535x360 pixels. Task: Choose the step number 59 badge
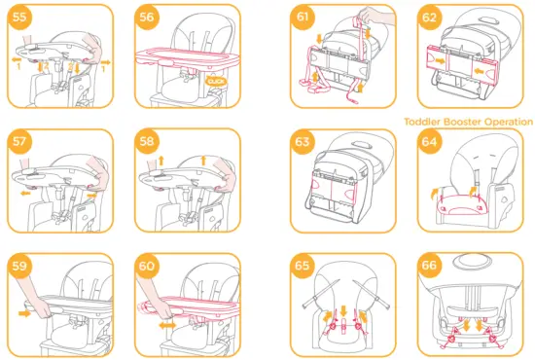[x=20, y=266]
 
